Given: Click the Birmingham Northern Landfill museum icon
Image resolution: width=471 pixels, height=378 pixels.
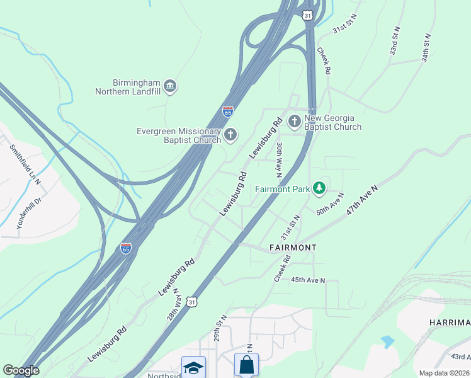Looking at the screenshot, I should coord(169,86).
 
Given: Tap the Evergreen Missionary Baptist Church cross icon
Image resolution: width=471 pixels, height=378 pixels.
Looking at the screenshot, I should coord(230,134).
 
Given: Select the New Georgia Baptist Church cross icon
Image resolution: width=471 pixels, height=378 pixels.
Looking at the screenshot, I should coord(294,120).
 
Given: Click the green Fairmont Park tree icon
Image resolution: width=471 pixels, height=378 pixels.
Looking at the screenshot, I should coord(320,188).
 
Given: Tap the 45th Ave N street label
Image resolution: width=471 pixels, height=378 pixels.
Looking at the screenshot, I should coord(307,280).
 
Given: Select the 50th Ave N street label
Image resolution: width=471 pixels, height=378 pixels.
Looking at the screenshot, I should coord(331,203).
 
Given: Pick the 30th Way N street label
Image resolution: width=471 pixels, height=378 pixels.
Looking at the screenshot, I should coord(279,159).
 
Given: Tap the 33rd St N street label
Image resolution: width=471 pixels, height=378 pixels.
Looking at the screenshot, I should coord(395,41).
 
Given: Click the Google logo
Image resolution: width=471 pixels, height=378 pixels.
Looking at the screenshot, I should coord(21,370).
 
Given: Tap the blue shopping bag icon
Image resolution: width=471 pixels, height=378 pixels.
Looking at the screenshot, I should coord(246,365).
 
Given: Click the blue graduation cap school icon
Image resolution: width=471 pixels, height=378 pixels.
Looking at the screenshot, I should coord(193,367).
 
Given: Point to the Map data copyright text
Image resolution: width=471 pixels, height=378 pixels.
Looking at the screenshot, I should coord(444,373).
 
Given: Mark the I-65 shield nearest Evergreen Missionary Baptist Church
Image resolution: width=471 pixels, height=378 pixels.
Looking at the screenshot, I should coord(228,112).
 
